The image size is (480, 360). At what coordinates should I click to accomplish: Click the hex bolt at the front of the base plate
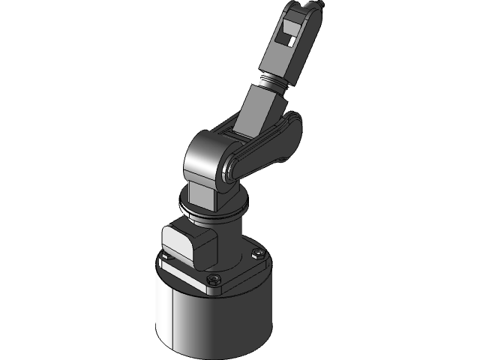[x=212, y=280]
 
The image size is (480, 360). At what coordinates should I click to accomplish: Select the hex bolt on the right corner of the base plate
[x=259, y=255]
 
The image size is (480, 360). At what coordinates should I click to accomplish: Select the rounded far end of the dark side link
[x=292, y=124]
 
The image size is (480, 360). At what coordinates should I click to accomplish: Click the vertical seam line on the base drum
[x=174, y=315]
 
